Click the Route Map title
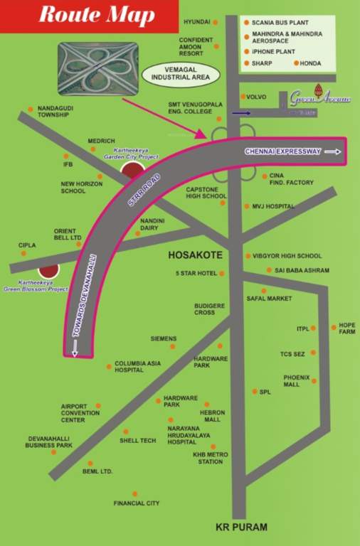click(88, 15)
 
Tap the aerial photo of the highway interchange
click(98, 68)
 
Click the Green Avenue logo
click(320, 100)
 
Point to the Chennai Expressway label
click(283, 151)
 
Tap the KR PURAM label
click(241, 527)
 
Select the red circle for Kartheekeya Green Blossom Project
click(48, 272)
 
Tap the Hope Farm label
click(346, 328)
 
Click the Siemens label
click(163, 338)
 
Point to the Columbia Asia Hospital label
click(138, 366)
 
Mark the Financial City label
click(137, 503)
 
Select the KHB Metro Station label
click(210, 458)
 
